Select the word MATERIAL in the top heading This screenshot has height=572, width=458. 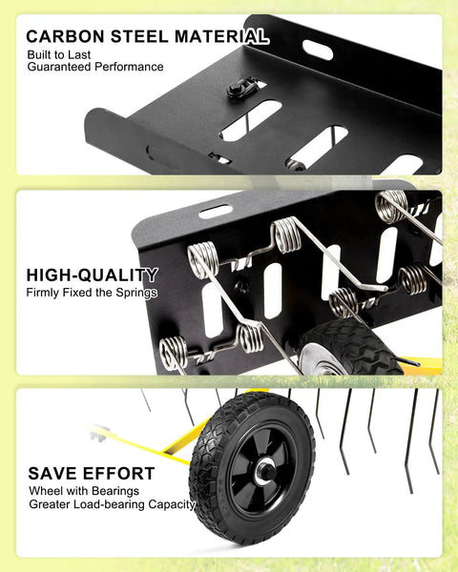[221, 36]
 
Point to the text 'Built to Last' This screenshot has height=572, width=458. [59, 55]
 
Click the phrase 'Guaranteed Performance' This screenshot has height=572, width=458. [95, 67]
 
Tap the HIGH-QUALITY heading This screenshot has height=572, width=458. [92, 276]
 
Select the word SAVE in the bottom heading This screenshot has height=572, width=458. [52, 473]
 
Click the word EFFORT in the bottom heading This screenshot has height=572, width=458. [118, 473]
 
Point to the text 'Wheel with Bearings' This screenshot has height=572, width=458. [84, 491]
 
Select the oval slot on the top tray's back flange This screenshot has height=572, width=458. [318, 50]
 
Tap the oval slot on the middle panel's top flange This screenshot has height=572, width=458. [216, 212]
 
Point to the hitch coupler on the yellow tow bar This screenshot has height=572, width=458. [99, 433]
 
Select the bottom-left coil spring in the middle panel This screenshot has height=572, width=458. [174, 352]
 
